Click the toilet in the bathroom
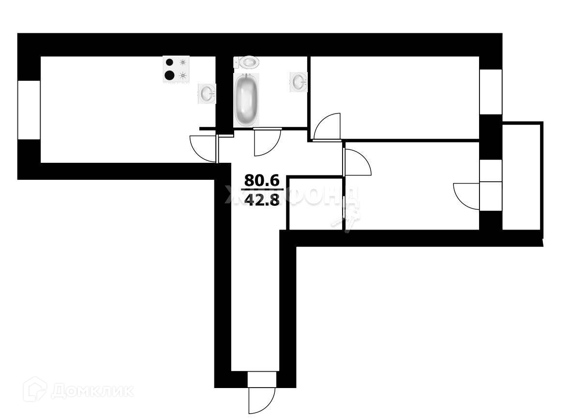pos(248,62)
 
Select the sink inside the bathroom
pos(299,81)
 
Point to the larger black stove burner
pos(170,75)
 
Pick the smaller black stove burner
pos(169,62)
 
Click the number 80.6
pos(262,181)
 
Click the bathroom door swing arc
pos(267,143)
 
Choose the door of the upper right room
pos(327,127)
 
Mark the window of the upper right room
pos(491,92)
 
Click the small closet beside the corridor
pos(315,203)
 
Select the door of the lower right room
pos(356,162)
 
